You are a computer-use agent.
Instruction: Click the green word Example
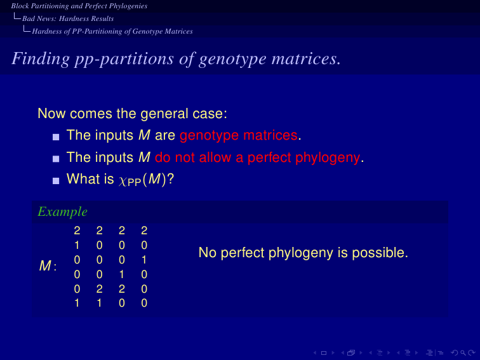tap(62, 212)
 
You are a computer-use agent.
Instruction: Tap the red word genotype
tap(209, 136)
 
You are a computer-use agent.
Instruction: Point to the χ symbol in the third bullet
tap(122, 180)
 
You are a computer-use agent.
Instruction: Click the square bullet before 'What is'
tap(56, 181)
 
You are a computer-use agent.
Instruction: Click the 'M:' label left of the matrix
tap(48, 265)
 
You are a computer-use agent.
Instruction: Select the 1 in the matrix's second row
tap(77, 245)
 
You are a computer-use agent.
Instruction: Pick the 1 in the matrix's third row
tap(144, 260)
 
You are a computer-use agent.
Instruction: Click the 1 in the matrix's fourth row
tap(122, 274)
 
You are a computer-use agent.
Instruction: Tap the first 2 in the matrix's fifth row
tap(100, 289)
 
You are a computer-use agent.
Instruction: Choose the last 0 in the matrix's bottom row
tap(144, 303)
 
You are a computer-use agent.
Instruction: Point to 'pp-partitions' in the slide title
tap(124, 59)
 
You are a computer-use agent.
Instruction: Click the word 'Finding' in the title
tap(41, 58)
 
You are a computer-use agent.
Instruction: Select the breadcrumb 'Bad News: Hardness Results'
tap(68, 18)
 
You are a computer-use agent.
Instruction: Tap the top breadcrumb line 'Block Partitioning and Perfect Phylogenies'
tap(79, 6)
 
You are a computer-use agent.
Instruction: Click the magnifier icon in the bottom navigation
tap(463, 353)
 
